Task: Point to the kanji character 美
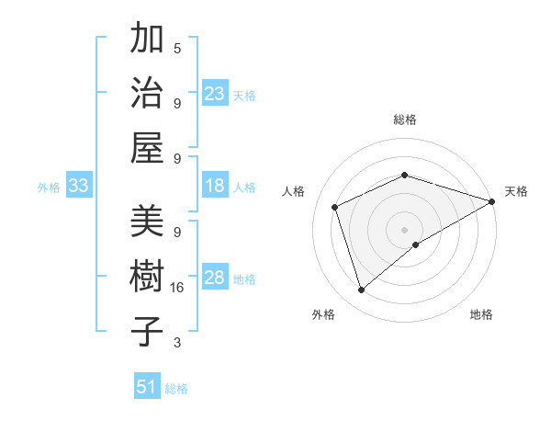click(x=148, y=222)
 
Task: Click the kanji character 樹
click(x=148, y=278)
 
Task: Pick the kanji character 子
click(x=148, y=332)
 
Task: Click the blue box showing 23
click(x=215, y=94)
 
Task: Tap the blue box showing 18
click(x=215, y=186)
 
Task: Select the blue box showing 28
click(x=215, y=278)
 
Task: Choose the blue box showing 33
click(x=79, y=186)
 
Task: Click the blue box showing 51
click(x=147, y=387)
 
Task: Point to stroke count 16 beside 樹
click(x=177, y=288)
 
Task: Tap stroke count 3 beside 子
click(x=177, y=343)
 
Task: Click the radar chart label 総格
click(x=405, y=119)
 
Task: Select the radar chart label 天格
click(x=516, y=191)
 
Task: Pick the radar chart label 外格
click(x=323, y=314)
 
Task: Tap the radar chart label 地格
click(x=481, y=314)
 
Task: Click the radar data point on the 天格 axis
click(x=492, y=201)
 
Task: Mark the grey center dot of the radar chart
click(x=405, y=229)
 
